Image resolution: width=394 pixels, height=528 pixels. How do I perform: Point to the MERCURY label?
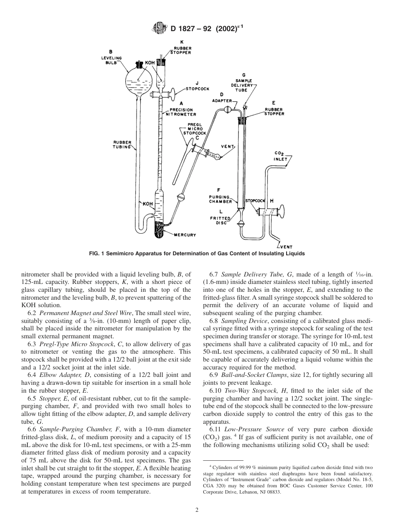184,235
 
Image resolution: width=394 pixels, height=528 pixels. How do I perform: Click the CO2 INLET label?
280,156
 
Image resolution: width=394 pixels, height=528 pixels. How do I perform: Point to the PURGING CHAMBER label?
220,199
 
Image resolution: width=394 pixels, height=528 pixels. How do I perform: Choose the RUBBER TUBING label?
122,144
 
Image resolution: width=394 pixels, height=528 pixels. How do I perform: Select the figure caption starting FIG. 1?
197,254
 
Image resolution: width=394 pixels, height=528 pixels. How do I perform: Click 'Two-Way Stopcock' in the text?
248,391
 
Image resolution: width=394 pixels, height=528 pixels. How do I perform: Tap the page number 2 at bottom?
197,510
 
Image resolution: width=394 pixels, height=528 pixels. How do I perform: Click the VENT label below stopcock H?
286,247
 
